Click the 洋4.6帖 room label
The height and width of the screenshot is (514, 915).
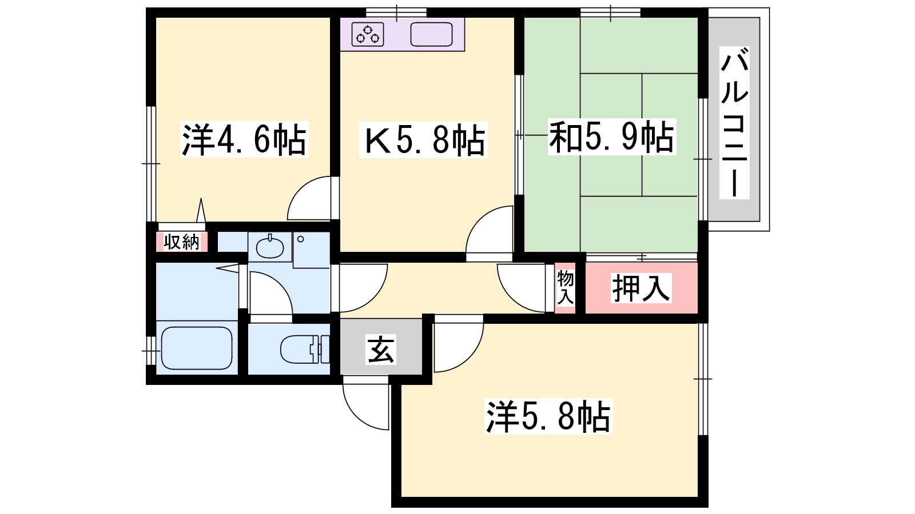click(x=244, y=140)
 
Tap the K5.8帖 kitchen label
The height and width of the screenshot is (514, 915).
click(x=423, y=140)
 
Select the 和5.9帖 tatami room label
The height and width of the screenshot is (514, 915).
click(x=611, y=137)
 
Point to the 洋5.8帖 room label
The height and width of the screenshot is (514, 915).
click(x=548, y=416)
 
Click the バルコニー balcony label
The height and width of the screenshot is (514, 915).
click(x=734, y=122)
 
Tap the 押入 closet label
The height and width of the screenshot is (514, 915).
click(x=641, y=288)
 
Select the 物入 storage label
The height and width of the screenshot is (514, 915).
click(x=566, y=287)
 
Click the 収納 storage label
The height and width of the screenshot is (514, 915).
click(x=181, y=242)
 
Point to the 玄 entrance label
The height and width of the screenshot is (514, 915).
click(x=381, y=349)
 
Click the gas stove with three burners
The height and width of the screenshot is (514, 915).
click(x=368, y=34)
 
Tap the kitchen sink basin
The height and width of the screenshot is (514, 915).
click(x=431, y=34)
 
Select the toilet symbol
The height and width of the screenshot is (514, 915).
click(x=305, y=349)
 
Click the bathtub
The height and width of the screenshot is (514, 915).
click(x=197, y=348)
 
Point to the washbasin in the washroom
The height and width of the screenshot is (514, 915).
click(x=269, y=246)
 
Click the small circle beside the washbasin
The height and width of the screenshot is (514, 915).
click(x=301, y=239)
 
